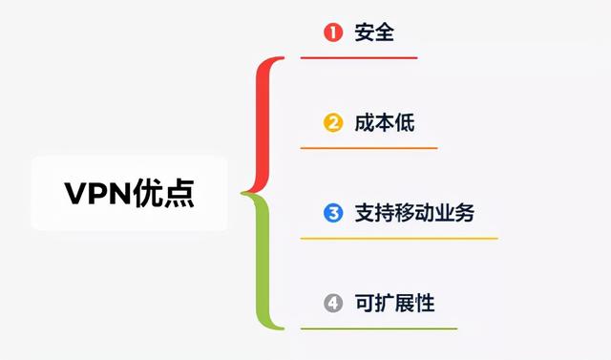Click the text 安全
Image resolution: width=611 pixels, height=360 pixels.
[x=374, y=32]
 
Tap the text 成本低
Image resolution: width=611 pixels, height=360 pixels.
[x=384, y=123]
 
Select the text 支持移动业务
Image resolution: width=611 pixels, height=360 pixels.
[x=413, y=213]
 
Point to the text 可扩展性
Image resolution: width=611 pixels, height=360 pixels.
[x=393, y=304]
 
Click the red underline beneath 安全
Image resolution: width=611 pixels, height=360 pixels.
[x=359, y=57]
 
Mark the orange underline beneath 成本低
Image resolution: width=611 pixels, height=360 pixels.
[x=369, y=148]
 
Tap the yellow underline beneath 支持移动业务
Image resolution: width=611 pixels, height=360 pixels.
[x=399, y=238]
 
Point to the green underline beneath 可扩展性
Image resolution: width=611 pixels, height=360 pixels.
[x=379, y=328]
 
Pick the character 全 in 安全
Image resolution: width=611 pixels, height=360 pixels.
[x=385, y=32]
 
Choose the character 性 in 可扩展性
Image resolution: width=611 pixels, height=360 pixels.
[x=425, y=304]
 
